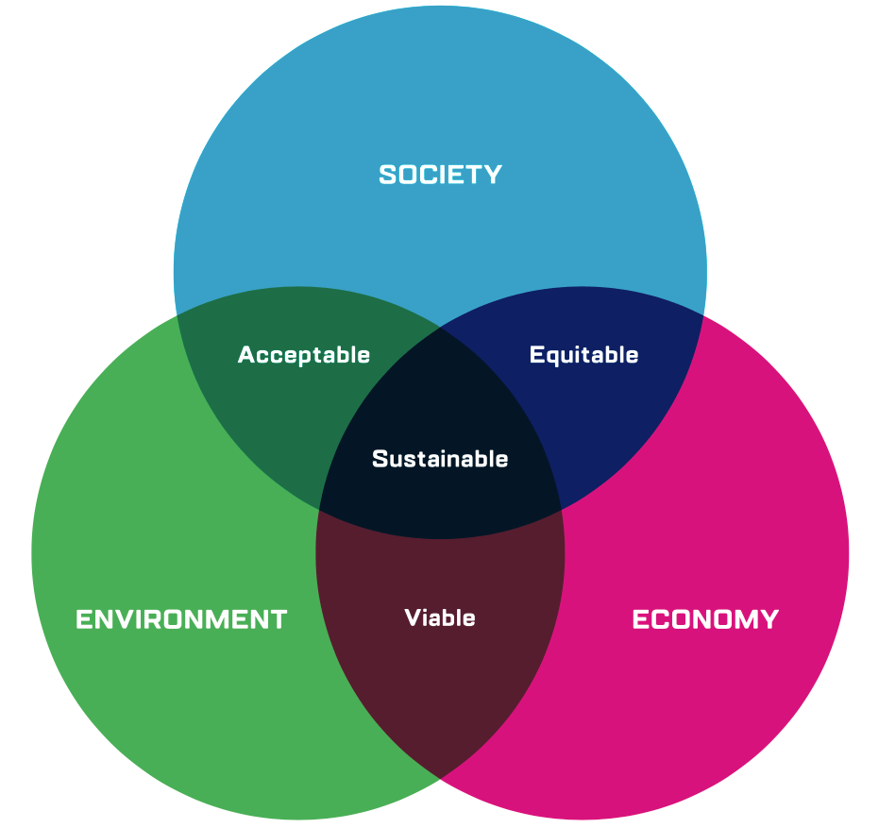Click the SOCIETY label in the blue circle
[x=440, y=175]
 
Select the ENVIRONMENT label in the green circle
[x=181, y=619]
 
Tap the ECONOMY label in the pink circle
[x=705, y=619]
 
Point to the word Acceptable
[x=304, y=355]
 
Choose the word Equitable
[x=583, y=355]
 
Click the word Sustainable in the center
[x=440, y=459]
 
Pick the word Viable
[x=440, y=617]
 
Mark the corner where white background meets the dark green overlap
[x=177, y=314]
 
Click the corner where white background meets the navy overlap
[x=703, y=314]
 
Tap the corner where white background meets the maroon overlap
[x=440, y=779]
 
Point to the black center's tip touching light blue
[x=440, y=327]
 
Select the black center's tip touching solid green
[x=320, y=511]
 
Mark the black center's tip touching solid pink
[x=561, y=511]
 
